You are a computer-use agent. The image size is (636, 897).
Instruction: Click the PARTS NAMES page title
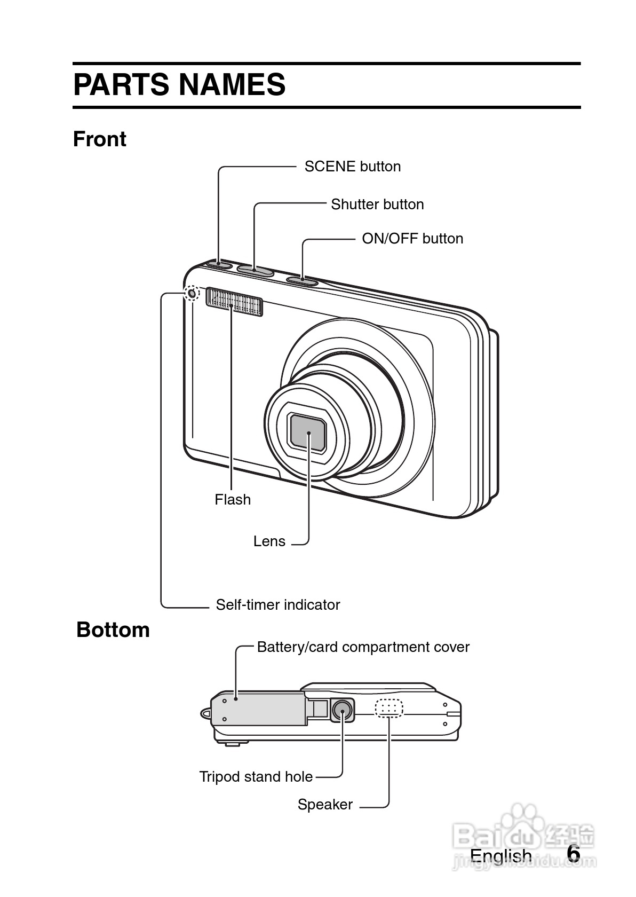pyautogui.click(x=179, y=85)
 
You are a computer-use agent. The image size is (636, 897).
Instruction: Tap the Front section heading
pyautogui.click(x=99, y=139)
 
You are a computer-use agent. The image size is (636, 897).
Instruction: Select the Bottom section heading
pyautogui.click(x=113, y=630)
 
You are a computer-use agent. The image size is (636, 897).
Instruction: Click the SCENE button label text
pyautogui.click(x=352, y=167)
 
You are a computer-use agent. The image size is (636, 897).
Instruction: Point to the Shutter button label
pyautogui.click(x=377, y=204)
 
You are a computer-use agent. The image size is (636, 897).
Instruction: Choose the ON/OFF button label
pyautogui.click(x=412, y=239)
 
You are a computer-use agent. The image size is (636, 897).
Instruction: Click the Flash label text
pyautogui.click(x=232, y=500)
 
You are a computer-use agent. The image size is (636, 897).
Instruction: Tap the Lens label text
pyautogui.click(x=269, y=541)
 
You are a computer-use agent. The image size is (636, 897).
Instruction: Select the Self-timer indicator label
pyautogui.click(x=277, y=605)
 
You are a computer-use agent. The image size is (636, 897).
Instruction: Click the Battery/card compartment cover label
pyautogui.click(x=363, y=647)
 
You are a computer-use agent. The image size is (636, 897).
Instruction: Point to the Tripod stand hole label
pyautogui.click(x=256, y=777)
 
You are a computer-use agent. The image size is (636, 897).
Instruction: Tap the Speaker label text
pyautogui.click(x=325, y=805)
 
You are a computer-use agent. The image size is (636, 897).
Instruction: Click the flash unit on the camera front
pyautogui.click(x=234, y=302)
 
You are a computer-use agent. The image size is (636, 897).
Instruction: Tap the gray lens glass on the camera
pyautogui.click(x=308, y=432)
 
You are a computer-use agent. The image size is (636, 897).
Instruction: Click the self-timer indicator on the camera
pyautogui.click(x=192, y=293)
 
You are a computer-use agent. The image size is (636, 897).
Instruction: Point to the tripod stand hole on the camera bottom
pyautogui.click(x=341, y=710)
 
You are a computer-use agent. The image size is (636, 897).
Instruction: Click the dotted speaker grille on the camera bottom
pyautogui.click(x=389, y=707)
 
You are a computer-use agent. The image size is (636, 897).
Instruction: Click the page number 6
pyautogui.click(x=573, y=854)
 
